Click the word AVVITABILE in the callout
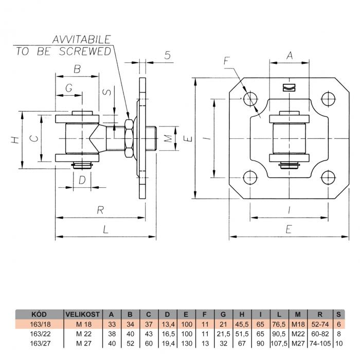[x=81, y=39]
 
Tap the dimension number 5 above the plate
[x=168, y=56]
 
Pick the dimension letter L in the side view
[x=105, y=230]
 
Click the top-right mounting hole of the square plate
[x=328, y=98]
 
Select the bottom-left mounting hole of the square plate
[x=250, y=178]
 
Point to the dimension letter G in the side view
[x=68, y=88]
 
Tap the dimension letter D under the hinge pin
[x=82, y=179]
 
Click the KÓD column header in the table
[x=40, y=314]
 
